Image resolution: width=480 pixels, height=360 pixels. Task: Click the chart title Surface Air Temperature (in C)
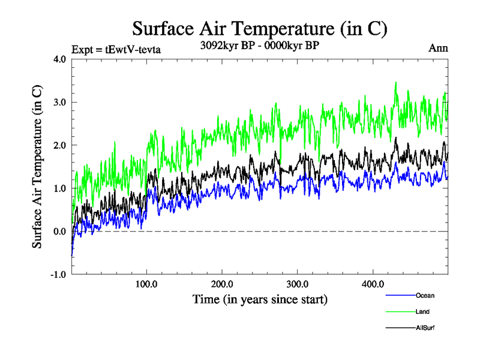[259, 29]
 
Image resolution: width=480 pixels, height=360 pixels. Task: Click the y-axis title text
[37, 167]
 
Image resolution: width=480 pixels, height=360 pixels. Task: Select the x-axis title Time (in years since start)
[260, 298]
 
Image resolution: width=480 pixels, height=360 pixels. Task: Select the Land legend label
[422, 311]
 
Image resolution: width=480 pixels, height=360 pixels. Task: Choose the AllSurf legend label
[425, 328]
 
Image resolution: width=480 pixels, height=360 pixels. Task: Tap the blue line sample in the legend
[400, 295]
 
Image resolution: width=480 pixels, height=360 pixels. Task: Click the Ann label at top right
[437, 48]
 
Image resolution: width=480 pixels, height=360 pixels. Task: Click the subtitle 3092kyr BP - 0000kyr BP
[260, 45]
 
